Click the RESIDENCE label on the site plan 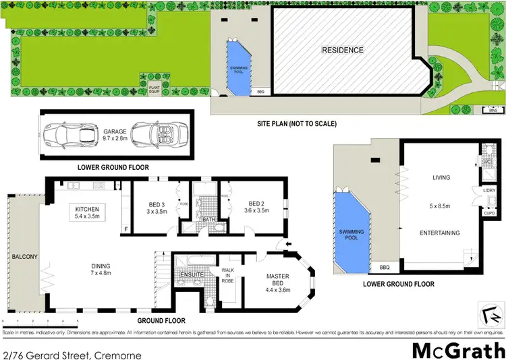pos(342,50)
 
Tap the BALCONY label pos(18,257)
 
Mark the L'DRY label pos(490,191)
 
